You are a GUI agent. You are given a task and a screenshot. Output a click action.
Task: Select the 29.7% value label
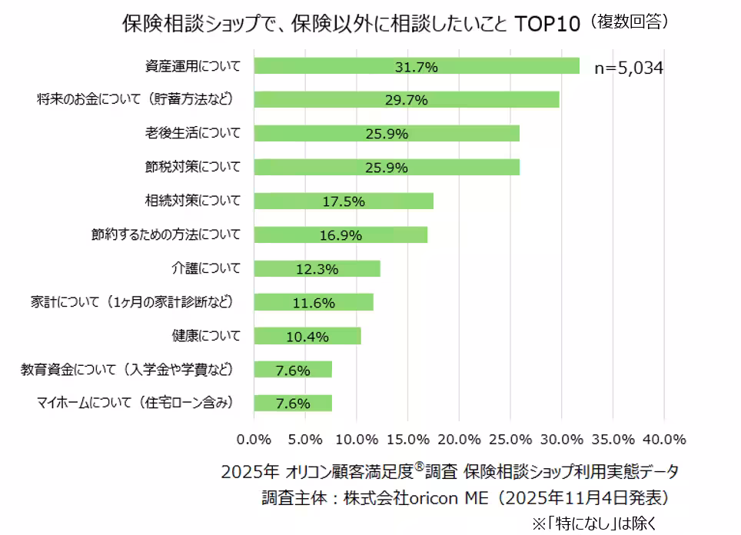(407, 100)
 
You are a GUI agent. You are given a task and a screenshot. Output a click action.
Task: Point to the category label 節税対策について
(193, 167)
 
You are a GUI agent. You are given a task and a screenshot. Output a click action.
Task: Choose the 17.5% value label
(343, 201)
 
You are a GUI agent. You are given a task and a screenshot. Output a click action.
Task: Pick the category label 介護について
(206, 268)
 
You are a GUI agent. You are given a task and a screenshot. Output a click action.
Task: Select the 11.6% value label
(314, 303)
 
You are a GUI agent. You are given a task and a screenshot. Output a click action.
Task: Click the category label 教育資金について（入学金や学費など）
(127, 370)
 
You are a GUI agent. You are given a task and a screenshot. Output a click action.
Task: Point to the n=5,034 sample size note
(629, 68)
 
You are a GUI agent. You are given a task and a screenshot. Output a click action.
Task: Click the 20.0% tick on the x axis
(459, 439)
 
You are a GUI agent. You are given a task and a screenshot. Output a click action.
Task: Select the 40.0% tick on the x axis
(663, 439)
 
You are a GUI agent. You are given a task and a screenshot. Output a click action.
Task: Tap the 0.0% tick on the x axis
(254, 439)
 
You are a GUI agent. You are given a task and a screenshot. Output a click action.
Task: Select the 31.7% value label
(416, 67)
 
